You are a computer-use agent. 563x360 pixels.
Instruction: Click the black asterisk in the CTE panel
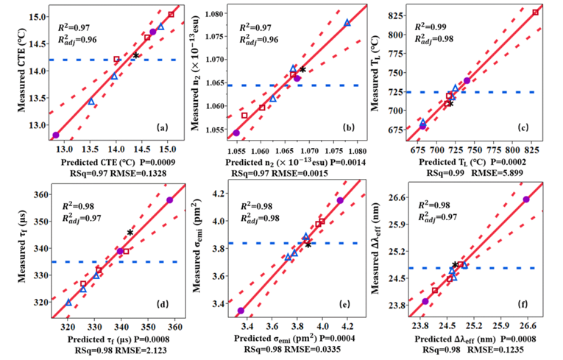tap(136, 56)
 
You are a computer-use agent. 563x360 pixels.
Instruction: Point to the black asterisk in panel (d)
tap(130, 233)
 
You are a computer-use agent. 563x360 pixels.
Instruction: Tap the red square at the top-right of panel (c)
tap(536, 13)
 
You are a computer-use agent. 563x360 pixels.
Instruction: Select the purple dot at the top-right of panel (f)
tap(526, 200)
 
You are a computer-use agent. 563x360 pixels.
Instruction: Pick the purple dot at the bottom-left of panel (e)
tap(241, 311)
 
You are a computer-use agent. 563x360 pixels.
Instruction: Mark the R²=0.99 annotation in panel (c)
tap(439, 27)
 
